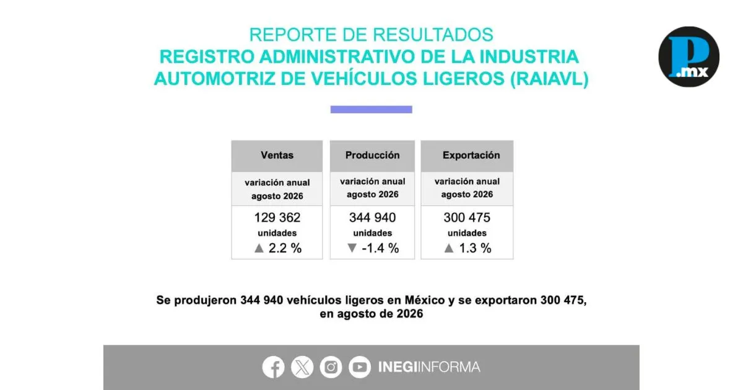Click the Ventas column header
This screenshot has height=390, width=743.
(x=277, y=155)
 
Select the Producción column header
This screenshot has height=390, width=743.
(x=372, y=155)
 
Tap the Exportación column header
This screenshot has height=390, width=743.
(x=471, y=155)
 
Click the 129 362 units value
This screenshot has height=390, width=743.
(x=277, y=217)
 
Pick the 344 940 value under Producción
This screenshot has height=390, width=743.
(x=372, y=217)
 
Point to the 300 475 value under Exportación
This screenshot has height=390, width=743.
(x=467, y=217)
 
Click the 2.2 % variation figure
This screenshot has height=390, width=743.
(x=285, y=248)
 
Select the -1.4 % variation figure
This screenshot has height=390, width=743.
(x=380, y=248)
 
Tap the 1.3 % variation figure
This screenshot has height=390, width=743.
(x=475, y=248)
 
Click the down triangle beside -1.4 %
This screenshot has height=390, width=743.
(x=352, y=248)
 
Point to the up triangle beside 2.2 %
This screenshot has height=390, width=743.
(x=259, y=248)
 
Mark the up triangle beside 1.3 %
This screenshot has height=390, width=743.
(x=449, y=248)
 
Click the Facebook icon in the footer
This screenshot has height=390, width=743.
(x=273, y=367)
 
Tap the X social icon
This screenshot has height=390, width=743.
(x=302, y=367)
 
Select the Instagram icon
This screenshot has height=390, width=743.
(x=331, y=367)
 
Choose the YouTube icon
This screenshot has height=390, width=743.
(x=360, y=367)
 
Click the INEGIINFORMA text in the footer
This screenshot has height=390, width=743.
(x=429, y=367)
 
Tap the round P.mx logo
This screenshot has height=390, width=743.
(x=689, y=57)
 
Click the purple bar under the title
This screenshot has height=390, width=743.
(x=371, y=110)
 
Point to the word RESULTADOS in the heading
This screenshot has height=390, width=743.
(x=433, y=35)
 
